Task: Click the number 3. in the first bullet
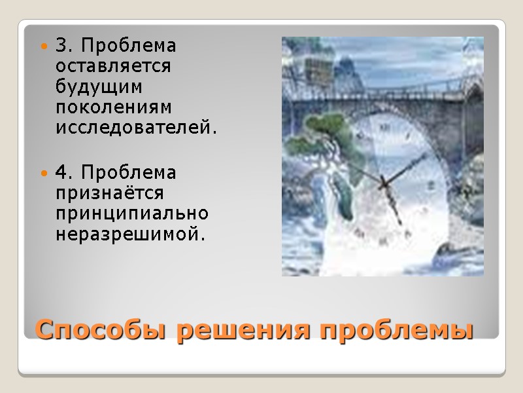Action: click(63, 47)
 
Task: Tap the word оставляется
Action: click(113, 67)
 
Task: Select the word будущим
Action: click(99, 87)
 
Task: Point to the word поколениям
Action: click(112, 107)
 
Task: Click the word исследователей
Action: click(136, 128)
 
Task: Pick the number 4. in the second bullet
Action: click(64, 173)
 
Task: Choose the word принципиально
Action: click(132, 214)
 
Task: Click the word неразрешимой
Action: click(131, 234)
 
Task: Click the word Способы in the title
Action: click(102, 329)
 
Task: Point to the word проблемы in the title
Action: click(396, 329)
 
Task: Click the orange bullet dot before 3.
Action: click(44, 47)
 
